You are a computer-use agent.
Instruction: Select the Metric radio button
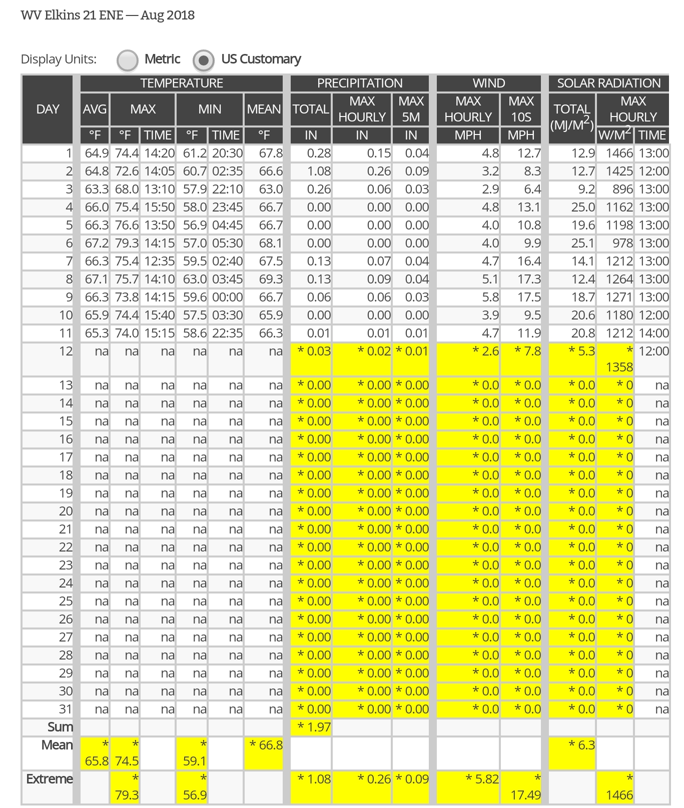(x=127, y=60)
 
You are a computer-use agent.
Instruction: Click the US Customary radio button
(x=203, y=60)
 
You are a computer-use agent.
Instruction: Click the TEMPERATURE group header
(x=181, y=83)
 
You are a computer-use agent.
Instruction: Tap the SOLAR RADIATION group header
(x=608, y=83)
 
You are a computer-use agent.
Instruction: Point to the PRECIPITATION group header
(x=359, y=83)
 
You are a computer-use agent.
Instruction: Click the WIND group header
(x=488, y=83)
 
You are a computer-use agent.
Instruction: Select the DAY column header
(x=48, y=109)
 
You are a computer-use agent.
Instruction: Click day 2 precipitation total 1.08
(x=319, y=171)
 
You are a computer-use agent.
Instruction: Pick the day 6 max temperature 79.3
(x=127, y=243)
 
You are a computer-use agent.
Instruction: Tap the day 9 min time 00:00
(x=227, y=297)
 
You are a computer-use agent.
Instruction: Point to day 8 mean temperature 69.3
(x=271, y=279)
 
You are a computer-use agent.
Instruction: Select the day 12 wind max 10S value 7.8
(x=528, y=351)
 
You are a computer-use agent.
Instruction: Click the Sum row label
(x=60, y=727)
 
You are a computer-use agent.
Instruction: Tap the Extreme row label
(x=50, y=779)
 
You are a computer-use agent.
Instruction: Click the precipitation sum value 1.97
(x=314, y=727)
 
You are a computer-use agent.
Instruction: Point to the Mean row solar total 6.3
(x=582, y=745)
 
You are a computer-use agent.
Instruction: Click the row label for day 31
(x=66, y=709)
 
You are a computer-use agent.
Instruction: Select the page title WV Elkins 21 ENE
(x=72, y=15)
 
